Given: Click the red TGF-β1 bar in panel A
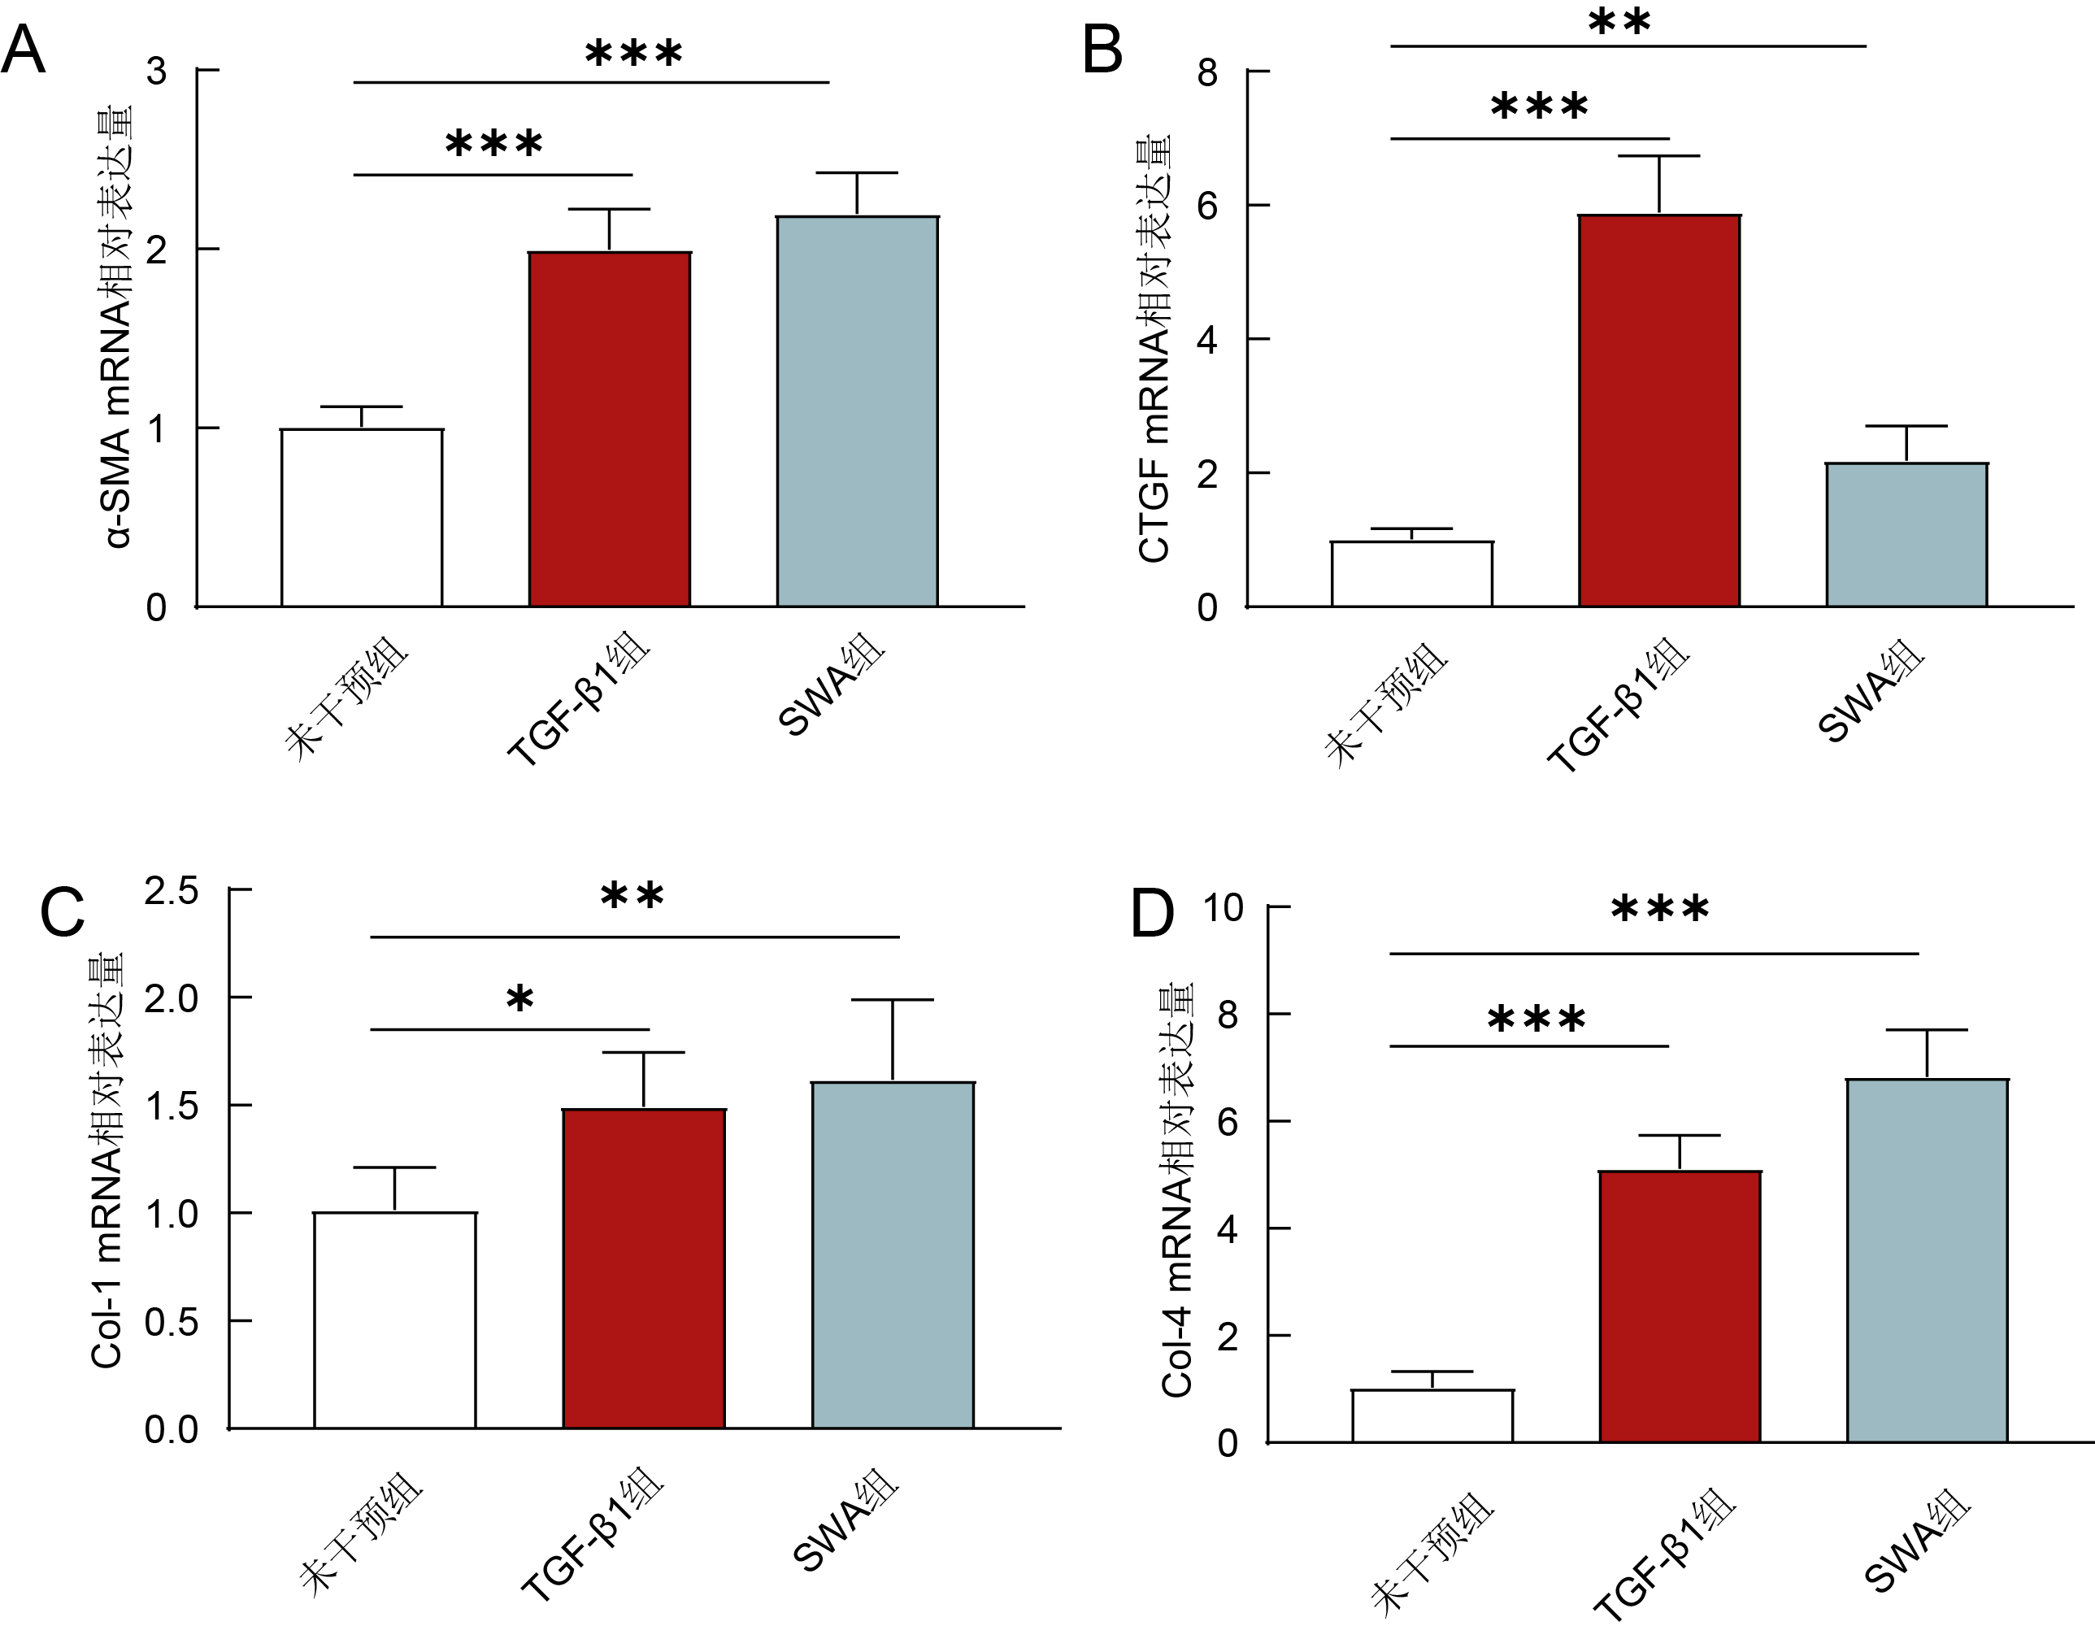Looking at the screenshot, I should pos(610,429).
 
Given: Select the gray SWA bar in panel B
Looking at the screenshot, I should pos(1906,534).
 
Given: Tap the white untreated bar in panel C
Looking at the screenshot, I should pos(394,1319).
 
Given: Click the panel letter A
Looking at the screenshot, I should pos(24,50).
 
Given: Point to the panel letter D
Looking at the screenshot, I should pos(1152,914).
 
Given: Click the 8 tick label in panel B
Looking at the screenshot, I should pos(1207,72).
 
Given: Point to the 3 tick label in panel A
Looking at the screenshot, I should pos(155,71).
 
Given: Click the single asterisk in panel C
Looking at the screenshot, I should pos(519,1001).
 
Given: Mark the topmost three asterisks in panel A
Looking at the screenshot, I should pos(633,53).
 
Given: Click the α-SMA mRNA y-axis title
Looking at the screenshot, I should pos(117,326).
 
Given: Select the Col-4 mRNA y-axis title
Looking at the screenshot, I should pos(1176,1190).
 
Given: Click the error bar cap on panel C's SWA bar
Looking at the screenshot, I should pos(893,1000).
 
